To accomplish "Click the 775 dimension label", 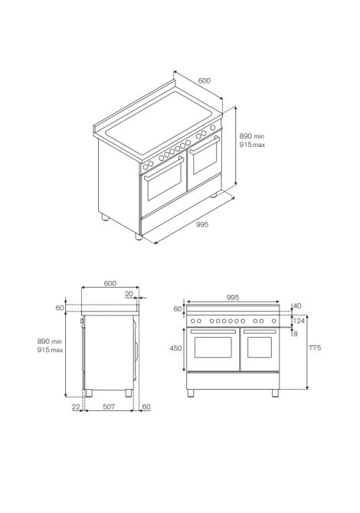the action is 315,348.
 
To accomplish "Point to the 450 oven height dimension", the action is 175,348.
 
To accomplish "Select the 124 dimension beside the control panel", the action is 299,321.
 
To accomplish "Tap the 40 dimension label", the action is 297,306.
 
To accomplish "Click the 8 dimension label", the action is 296,334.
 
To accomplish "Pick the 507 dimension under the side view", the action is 109,407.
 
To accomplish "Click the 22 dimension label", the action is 76,407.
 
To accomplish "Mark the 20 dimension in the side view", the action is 129,294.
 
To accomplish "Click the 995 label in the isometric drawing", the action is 202,224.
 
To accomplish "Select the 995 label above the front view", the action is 233,297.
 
